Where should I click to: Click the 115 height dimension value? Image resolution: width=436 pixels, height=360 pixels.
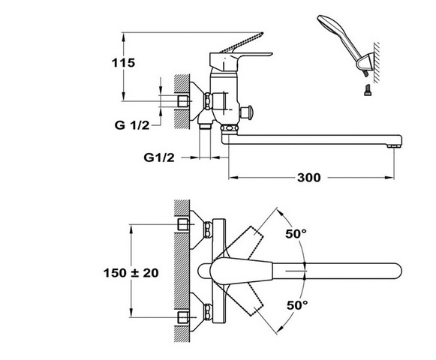pos(123,63)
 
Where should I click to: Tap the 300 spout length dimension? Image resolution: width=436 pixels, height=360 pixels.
pos(309,177)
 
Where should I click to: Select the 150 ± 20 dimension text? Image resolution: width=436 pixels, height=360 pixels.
pos(131,273)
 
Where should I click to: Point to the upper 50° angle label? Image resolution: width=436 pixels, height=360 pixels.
pos(296,234)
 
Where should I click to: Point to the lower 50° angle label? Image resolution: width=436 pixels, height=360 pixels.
pos(297,305)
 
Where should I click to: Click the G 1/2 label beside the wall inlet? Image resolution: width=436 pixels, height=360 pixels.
pos(132,125)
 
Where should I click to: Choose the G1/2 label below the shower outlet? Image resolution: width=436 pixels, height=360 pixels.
pos(159,157)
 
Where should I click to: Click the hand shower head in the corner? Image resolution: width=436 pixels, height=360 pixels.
pos(334,30)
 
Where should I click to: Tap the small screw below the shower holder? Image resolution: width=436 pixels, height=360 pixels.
pos(368,90)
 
